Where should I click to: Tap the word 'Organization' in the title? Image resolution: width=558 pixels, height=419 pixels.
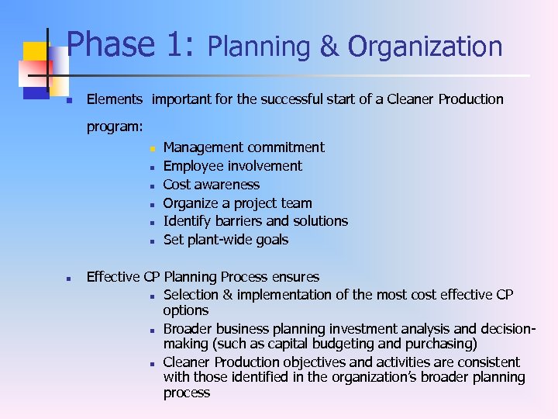coord(425,47)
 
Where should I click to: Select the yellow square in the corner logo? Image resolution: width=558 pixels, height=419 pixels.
coord(35,54)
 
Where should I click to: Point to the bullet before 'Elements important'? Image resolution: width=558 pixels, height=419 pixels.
coord(69,101)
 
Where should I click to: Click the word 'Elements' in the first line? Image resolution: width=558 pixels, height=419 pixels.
coord(115,99)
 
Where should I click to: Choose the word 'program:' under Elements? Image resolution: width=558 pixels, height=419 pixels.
coord(115,126)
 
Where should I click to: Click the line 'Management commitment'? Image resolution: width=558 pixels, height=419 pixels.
coord(244,147)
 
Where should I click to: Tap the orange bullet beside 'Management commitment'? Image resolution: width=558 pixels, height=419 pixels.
coord(153,148)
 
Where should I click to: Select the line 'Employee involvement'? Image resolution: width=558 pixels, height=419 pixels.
coord(232,166)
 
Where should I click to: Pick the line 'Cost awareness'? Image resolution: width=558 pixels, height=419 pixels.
coord(212,185)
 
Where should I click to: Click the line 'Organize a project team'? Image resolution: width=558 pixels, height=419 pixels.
coord(238,203)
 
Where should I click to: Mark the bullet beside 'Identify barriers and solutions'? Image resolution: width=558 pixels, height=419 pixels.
coord(153,223)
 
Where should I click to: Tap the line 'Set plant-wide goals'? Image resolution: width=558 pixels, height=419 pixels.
coord(226,240)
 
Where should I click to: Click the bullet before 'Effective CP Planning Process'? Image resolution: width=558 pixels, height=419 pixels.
coord(69,278)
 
